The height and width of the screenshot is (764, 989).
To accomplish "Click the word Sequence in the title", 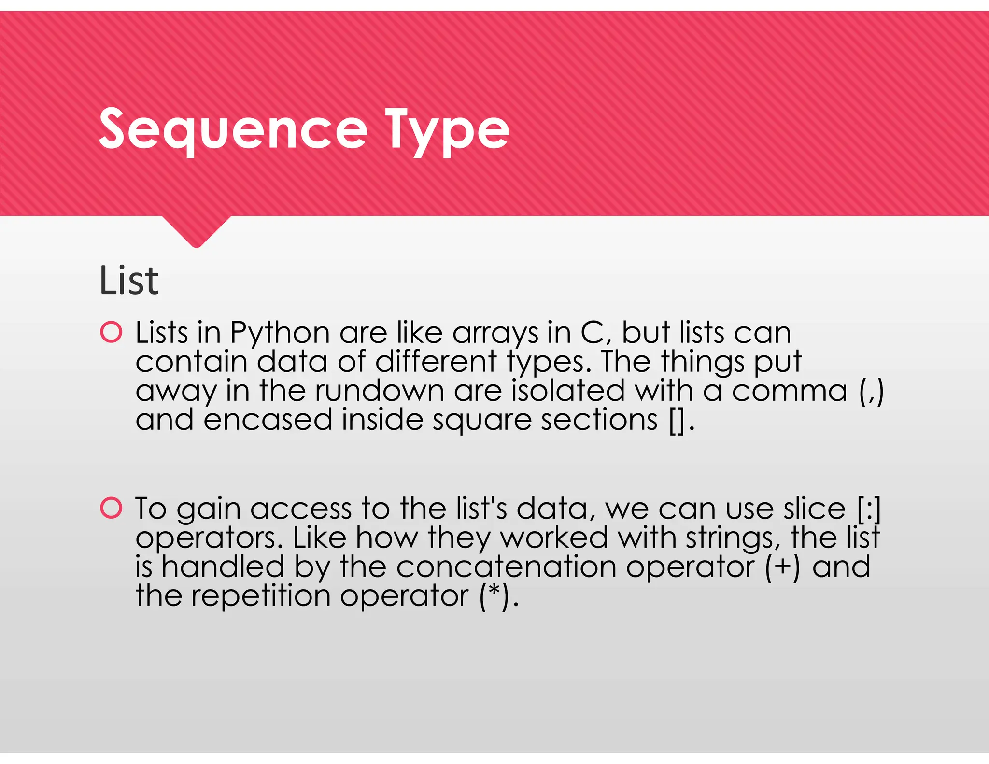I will click(x=233, y=129).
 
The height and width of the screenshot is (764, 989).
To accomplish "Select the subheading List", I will click(x=128, y=281).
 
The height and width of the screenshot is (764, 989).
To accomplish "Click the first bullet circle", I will click(x=111, y=332).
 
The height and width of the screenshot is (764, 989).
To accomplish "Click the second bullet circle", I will click(x=111, y=508).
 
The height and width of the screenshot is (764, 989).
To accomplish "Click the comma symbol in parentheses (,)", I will click(x=872, y=391).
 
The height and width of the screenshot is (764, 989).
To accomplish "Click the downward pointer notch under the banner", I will click(x=196, y=232).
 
